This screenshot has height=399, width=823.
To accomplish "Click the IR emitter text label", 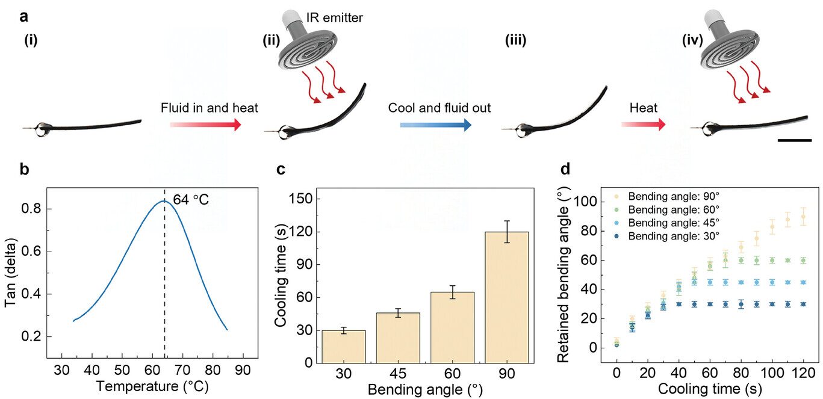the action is (x=334, y=17).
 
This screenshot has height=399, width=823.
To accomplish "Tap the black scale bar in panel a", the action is (x=794, y=140).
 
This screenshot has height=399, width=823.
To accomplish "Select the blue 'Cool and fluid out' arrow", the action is (x=436, y=125).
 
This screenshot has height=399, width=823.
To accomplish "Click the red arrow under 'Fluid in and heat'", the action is (x=206, y=125).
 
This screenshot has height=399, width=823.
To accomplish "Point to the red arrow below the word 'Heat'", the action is (x=644, y=125).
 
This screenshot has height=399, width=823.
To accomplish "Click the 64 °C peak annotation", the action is (x=191, y=200).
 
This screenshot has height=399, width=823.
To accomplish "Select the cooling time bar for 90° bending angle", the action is (x=507, y=298).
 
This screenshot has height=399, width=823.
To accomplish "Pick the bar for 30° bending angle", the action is (x=344, y=347).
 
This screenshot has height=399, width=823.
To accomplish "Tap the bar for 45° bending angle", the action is (x=399, y=338).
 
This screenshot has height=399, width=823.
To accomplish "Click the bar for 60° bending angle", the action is (x=453, y=328).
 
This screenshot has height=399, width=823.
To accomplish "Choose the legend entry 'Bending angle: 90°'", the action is (x=667, y=197).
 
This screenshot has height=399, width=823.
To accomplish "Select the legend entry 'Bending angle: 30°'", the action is (x=667, y=237).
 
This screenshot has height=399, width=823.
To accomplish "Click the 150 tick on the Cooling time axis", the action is (x=301, y=199).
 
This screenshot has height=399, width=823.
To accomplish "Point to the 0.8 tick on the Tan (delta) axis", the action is (x=31, y=209).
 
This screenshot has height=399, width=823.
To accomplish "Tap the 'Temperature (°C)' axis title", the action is (x=152, y=386).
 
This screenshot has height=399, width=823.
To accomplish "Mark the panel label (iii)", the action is (x=516, y=40).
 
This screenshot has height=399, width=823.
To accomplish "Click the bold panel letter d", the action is (x=566, y=169).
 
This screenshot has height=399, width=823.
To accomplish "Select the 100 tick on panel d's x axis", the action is (x=772, y=373).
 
